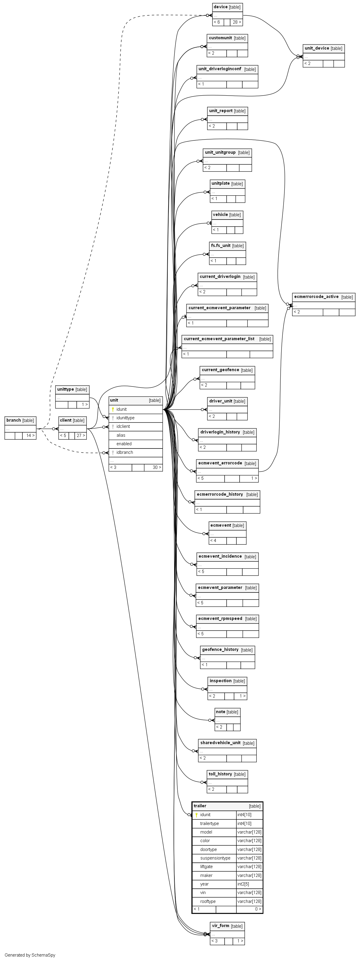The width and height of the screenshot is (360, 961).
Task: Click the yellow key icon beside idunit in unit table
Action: [x=113, y=409]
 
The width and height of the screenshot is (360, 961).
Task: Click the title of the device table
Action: [x=220, y=7]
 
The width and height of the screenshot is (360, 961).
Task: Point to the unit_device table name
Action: [x=317, y=48]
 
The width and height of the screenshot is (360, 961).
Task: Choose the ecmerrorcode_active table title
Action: [x=316, y=297]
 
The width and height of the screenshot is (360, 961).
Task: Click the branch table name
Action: [x=14, y=420]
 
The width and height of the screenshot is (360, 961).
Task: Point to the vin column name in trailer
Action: [x=203, y=892]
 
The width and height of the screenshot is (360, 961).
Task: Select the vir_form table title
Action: [x=220, y=926]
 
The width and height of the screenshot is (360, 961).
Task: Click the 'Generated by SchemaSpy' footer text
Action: [x=30, y=955]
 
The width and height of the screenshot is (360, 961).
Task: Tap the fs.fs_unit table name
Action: [x=221, y=245]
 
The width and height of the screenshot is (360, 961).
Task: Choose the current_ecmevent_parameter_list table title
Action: [x=219, y=339]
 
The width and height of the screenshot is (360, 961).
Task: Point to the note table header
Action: [x=220, y=712]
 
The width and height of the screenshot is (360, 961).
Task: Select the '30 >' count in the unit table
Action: [x=157, y=467]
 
